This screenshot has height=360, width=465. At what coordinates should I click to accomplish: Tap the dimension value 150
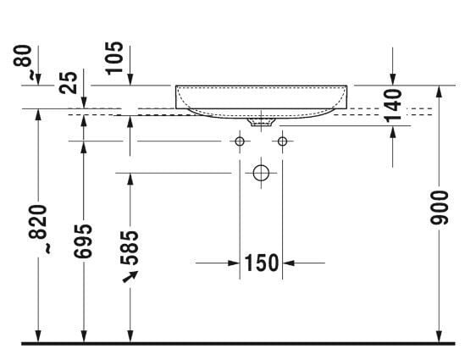[262, 263]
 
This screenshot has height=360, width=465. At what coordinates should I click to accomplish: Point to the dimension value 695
[83, 245]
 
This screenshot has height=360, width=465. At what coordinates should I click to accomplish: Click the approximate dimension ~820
[38, 230]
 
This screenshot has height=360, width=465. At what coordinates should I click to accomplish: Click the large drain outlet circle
[261, 173]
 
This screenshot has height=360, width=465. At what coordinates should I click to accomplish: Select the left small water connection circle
[240, 141]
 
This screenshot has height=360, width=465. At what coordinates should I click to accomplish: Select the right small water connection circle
[282, 141]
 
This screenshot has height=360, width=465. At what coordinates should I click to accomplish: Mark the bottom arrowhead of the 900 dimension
[439, 337]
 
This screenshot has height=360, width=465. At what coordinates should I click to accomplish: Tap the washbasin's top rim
[261, 86]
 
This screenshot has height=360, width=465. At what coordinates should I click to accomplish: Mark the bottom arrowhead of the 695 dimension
[83, 337]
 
